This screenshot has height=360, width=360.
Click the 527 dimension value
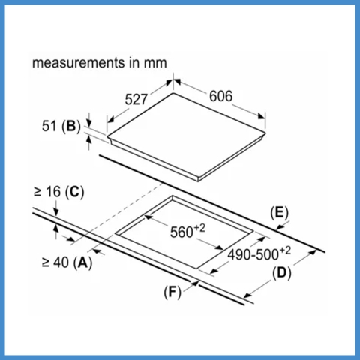[x=136, y=99]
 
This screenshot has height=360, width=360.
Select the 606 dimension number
[x=220, y=96]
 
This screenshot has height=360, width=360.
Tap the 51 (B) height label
[x=61, y=126]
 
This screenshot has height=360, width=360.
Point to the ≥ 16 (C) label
[x=59, y=192]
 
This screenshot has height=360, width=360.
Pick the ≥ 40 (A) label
[x=67, y=262]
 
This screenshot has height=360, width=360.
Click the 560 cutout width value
[x=181, y=232]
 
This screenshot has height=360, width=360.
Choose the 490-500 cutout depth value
[x=253, y=255]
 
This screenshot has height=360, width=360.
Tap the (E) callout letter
[x=279, y=213]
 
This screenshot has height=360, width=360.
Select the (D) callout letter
[x=282, y=273]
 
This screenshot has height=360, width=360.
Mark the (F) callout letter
[x=172, y=292]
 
